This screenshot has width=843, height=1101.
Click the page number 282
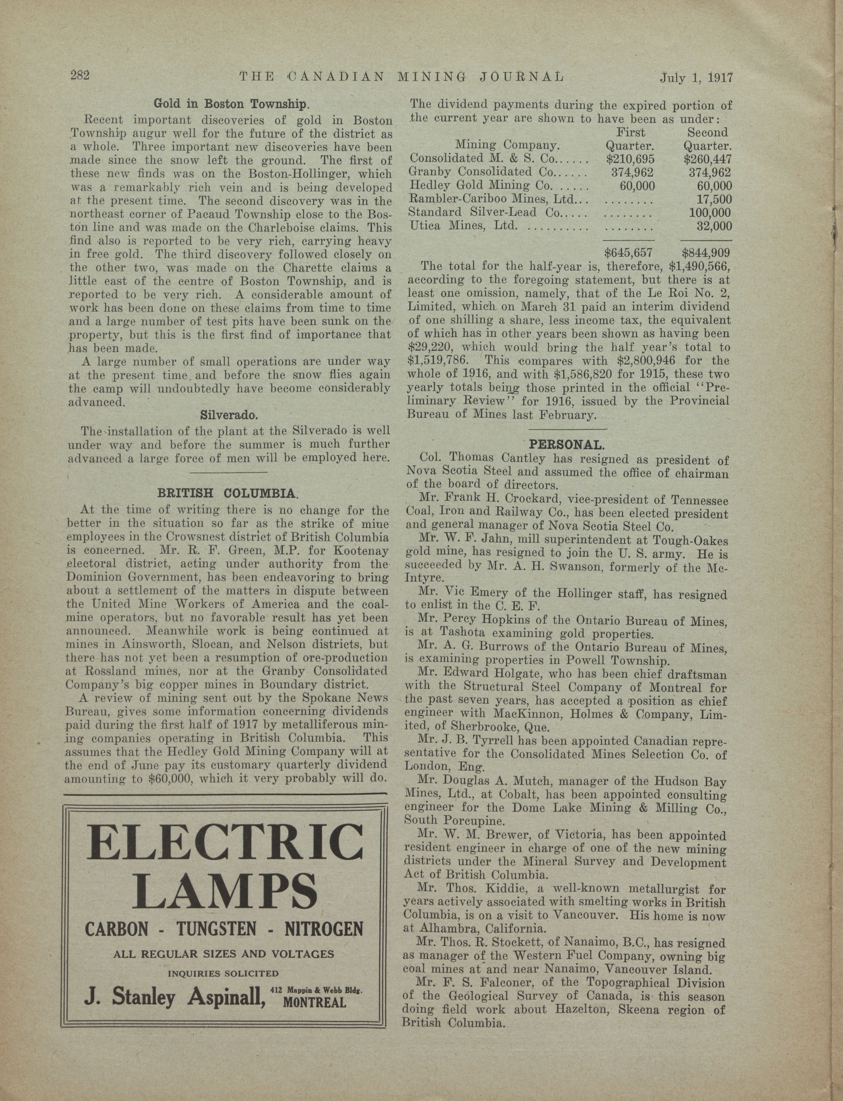(x=79, y=76)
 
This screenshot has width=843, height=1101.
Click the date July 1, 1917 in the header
(x=697, y=78)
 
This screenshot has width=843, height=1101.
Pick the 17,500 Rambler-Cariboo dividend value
(x=714, y=199)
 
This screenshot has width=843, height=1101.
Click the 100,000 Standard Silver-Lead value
(x=710, y=213)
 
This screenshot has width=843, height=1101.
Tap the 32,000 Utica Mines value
(x=714, y=226)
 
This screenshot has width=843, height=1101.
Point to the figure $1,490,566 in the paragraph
(x=696, y=266)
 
